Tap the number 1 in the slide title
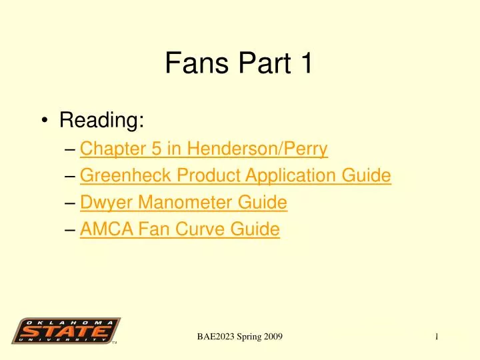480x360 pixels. tap(305, 64)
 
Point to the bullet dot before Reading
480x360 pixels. tap(44, 121)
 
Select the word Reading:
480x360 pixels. tap(101, 121)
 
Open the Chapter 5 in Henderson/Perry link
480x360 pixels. tap(203, 149)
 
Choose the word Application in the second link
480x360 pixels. tap(298, 175)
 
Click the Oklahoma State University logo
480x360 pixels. tap(67, 331)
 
